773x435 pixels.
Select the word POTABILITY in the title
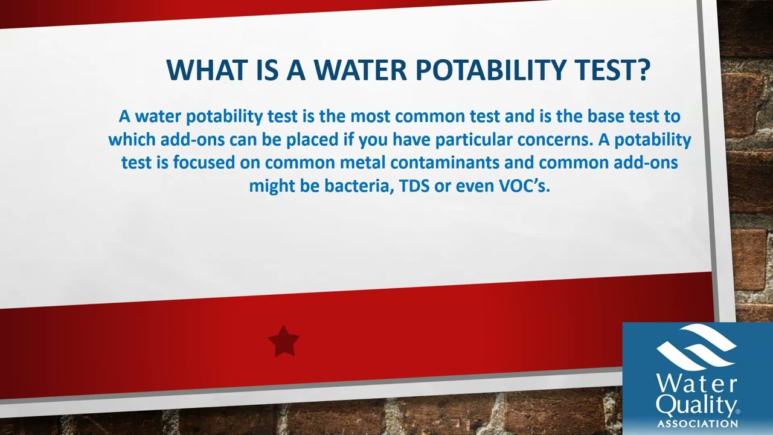(487, 70)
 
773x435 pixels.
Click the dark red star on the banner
(283, 341)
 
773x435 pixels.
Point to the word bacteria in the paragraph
(358, 185)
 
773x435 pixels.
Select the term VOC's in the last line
(524, 185)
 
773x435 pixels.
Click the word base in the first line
(608, 116)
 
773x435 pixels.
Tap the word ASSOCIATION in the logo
(697, 424)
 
